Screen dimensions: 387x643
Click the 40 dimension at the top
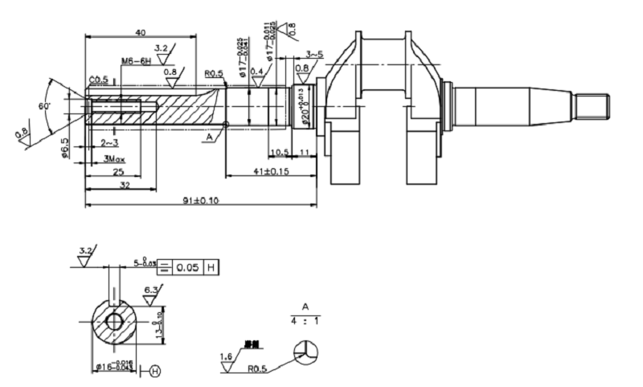coord(141,33)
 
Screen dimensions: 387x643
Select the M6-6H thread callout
coord(137,61)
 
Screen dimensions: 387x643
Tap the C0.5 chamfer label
coord(99,80)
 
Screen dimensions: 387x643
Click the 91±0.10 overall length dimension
coord(196,201)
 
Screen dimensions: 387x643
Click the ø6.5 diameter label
coord(65,147)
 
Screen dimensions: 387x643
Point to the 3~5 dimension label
coord(314,55)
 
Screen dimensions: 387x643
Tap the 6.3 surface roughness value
coord(150,290)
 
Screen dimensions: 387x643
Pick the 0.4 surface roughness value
coord(257,72)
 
